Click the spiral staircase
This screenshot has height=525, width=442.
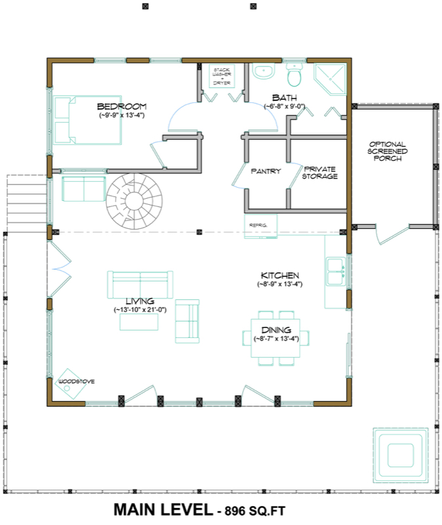134,201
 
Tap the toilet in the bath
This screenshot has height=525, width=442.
294,74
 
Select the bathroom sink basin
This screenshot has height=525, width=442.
264,71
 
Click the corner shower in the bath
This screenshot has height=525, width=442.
331,79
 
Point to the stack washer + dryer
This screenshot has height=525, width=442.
222,76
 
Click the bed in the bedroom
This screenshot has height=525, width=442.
87,120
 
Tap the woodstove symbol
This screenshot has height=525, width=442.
70,384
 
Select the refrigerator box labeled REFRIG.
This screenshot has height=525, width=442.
260,226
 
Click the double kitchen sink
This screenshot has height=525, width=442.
336,272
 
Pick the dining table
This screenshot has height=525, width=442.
275,338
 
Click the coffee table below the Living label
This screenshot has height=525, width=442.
139,322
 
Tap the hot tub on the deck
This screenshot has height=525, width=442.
401,455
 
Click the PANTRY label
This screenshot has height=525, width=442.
266,171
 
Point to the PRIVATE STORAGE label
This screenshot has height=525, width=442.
320,173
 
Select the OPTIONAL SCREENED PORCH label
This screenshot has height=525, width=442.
388,151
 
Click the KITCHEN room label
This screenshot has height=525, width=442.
280,276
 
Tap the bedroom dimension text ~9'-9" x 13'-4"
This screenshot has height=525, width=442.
122,115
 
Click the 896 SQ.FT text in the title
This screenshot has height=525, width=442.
255,511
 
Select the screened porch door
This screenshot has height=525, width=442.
392,235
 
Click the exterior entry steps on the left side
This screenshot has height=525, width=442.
27,203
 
